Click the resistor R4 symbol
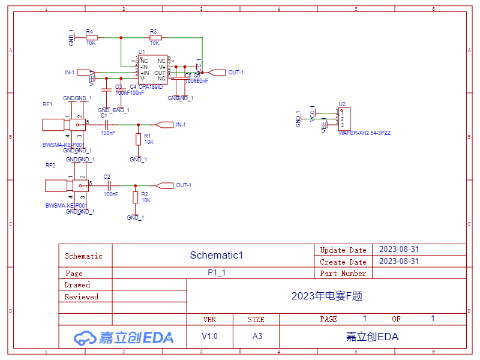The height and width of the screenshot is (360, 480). pyautogui.click(x=91, y=37)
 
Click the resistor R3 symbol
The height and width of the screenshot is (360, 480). pyautogui.click(x=155, y=37)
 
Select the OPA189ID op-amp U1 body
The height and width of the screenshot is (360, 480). pyautogui.click(x=153, y=70)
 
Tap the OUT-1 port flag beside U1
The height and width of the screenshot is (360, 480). pyautogui.click(x=215, y=72)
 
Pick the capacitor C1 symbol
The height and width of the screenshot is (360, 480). pyautogui.click(x=106, y=124)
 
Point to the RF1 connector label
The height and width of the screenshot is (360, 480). pyautogui.click(x=47, y=104)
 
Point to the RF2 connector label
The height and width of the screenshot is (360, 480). pyautogui.click(x=50, y=165)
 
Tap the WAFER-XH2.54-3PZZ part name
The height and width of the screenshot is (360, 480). pyautogui.click(x=364, y=133)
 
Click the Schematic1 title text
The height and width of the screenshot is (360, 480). pyautogui.click(x=217, y=255)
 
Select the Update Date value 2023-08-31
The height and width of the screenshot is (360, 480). pyautogui.click(x=399, y=249)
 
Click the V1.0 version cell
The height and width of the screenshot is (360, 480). pyautogui.click(x=210, y=336)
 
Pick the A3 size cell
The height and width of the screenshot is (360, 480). pyautogui.click(x=257, y=336)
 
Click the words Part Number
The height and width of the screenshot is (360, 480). pyautogui.click(x=343, y=273)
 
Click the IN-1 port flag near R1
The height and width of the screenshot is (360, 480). pyautogui.click(x=163, y=124)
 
